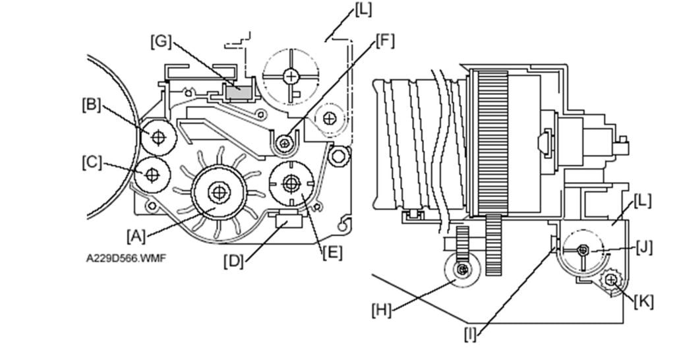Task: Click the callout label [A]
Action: (136, 236)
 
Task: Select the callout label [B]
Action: (91, 105)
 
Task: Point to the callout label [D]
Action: (233, 261)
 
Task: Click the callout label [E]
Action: (333, 253)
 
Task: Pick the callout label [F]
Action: (384, 40)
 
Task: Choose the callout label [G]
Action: (161, 42)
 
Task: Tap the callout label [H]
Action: (382, 310)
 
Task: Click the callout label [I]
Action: (471, 334)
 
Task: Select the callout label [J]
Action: (644, 248)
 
